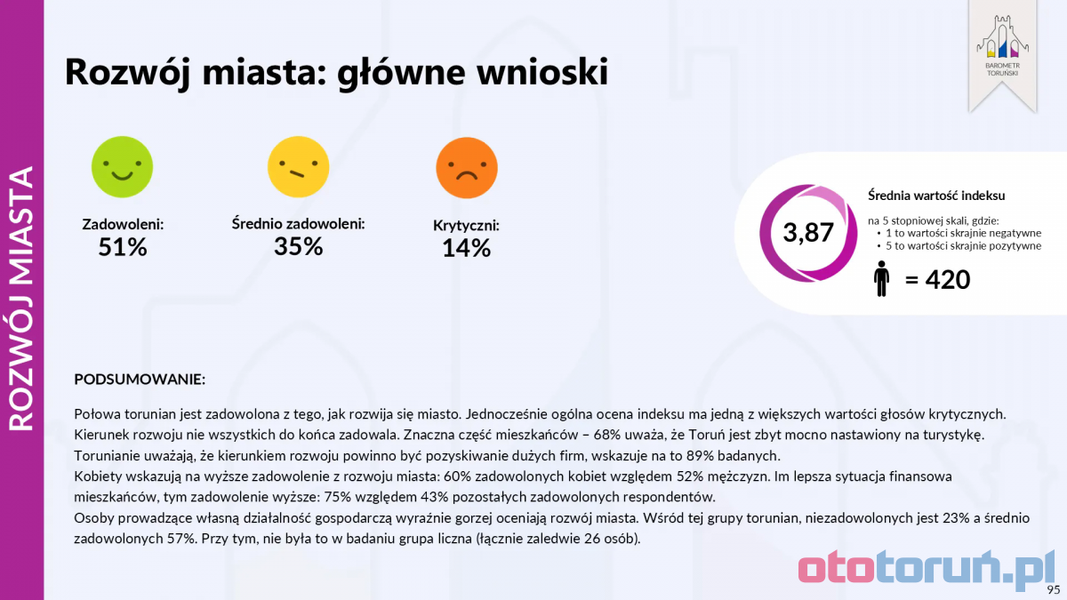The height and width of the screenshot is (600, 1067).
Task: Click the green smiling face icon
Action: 123,167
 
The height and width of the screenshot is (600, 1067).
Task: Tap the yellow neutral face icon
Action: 299,167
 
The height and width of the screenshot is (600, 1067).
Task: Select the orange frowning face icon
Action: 466,167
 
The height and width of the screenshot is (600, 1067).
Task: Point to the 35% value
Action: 299,246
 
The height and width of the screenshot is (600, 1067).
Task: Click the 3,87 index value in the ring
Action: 808,233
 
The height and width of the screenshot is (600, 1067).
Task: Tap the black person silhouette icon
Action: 881,279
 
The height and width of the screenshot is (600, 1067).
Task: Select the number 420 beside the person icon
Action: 948,280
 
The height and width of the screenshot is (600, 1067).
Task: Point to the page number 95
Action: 1053,589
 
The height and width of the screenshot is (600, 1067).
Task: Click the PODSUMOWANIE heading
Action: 140,380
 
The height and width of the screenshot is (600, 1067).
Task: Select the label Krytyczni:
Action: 466,226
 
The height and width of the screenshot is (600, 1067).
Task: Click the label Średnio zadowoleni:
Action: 299,224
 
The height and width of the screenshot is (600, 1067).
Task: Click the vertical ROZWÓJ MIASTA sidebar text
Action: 21,299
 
